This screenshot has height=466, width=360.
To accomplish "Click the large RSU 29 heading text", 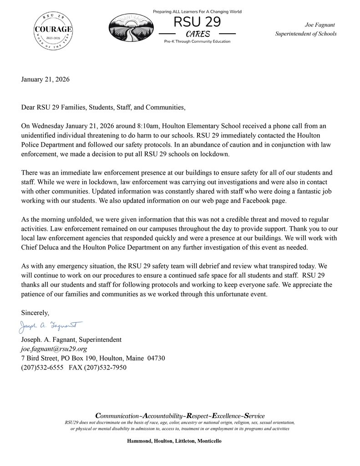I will [197, 22].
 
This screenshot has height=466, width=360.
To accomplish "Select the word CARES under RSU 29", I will [197, 34].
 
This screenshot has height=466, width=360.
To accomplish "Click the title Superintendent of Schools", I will [306, 34].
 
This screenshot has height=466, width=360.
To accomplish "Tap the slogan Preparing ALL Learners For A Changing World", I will [197, 11].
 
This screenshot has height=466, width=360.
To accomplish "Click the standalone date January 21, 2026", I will [46, 80].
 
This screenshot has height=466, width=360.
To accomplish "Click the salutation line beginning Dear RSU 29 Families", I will [104, 107].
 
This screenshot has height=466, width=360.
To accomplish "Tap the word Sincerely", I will [35, 313].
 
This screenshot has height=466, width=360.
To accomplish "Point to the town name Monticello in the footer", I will [209, 441].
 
